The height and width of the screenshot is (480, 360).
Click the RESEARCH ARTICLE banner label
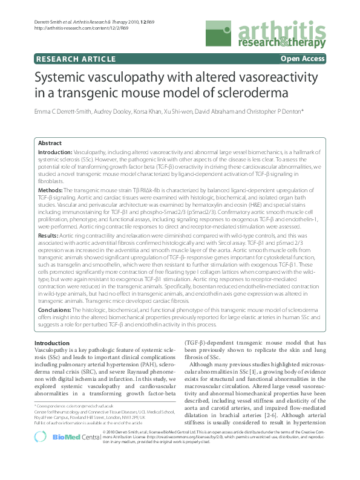pyautogui.click(x=76, y=59)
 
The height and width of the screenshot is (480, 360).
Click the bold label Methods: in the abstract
pyautogui.click(x=51, y=190)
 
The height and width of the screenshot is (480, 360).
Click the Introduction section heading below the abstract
pyautogui.click(x=52, y=343)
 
